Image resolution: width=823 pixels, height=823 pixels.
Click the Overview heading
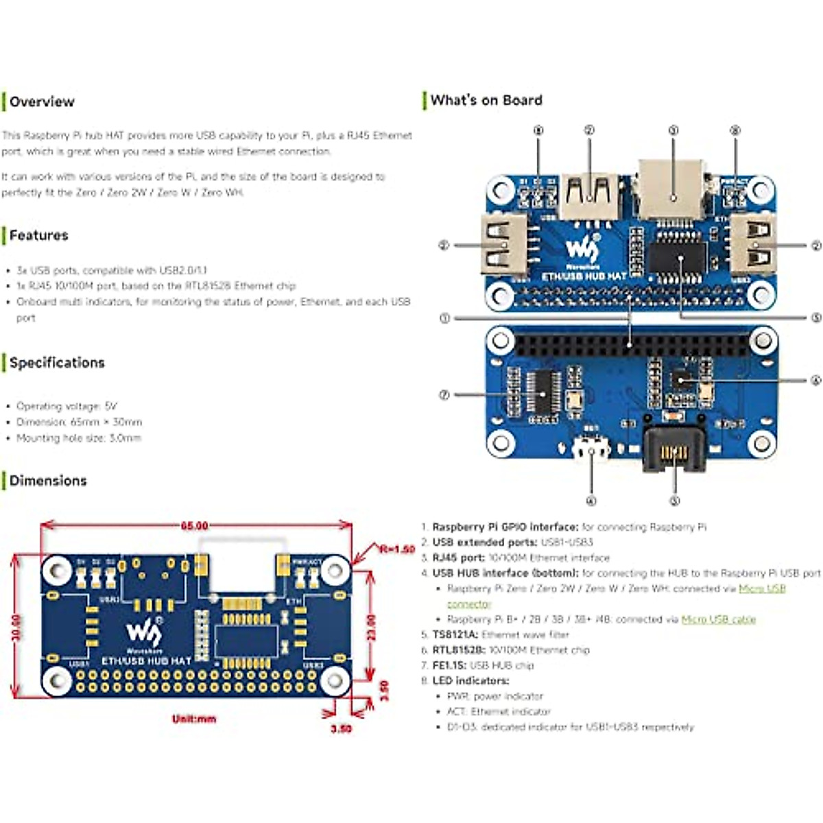tap(42, 102)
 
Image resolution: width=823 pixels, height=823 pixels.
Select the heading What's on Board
tap(486, 100)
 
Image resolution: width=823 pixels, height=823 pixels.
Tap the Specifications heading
tap(57, 363)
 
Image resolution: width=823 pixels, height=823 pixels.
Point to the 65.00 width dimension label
tap(194, 526)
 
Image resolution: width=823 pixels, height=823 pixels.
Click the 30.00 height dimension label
tap(17, 627)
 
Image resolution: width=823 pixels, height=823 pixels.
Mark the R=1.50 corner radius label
tap(397, 549)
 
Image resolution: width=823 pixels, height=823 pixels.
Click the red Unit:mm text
tap(194, 719)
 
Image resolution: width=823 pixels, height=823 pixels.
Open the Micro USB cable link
tap(718, 619)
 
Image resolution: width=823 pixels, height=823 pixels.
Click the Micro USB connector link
tap(761, 589)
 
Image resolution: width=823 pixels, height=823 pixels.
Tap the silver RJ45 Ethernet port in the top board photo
tap(673, 189)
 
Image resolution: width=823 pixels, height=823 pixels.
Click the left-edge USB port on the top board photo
tap(505, 245)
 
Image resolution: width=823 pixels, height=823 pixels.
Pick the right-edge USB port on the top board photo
tap(752, 245)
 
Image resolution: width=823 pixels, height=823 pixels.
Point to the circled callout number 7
tap(444, 395)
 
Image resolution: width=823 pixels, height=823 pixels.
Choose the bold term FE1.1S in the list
tap(449, 665)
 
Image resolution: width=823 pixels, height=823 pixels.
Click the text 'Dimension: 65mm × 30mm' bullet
tap(79, 422)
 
